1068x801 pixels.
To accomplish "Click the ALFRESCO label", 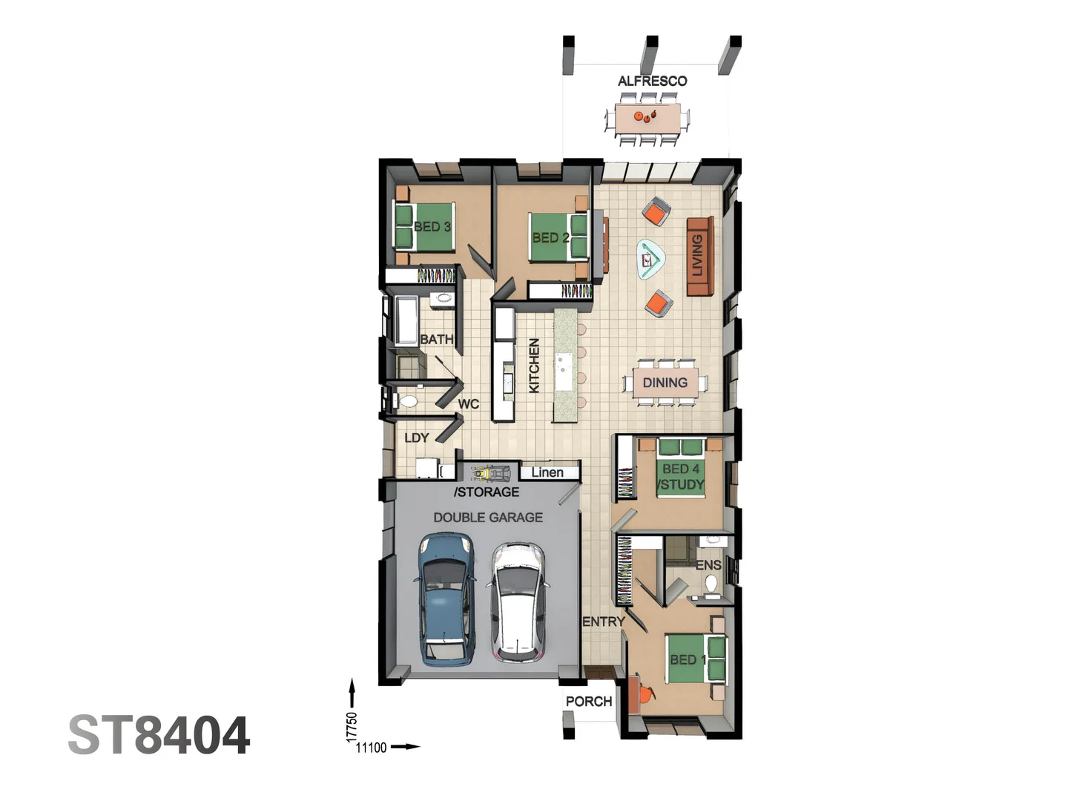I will tap(652, 81).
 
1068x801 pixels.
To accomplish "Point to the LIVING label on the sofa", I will tap(697, 255).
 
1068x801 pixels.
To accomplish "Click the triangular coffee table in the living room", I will tap(650, 260).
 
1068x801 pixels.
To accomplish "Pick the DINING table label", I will tap(665, 383).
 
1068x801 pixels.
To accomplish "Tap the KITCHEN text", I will tap(534, 365).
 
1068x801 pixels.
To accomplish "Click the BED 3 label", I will tap(432, 226).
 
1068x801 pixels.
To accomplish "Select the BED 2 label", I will tap(550, 237).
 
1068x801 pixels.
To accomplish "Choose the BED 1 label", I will tap(688, 659).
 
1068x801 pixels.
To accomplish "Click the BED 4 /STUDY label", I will tap(681, 477).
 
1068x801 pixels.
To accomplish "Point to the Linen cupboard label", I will tap(547, 472).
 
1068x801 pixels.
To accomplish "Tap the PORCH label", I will tap(588, 701).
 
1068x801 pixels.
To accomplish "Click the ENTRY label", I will tap(603, 622).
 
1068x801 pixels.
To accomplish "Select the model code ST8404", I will tap(159, 736).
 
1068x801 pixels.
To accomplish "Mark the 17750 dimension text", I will tap(352, 727).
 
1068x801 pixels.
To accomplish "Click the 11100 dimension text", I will tap(371, 748).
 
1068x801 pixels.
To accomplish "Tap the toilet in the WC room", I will tap(408, 401).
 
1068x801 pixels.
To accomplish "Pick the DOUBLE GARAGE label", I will tap(488, 518).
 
